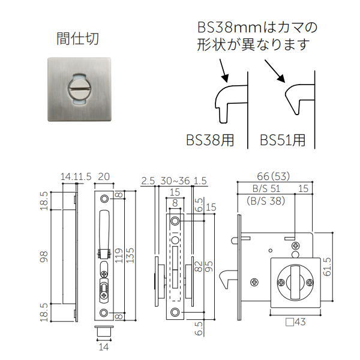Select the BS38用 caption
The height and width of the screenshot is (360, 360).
tap(209, 140)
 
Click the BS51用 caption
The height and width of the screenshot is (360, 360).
tap(283, 140)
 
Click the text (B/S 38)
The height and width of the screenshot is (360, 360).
tap(265, 202)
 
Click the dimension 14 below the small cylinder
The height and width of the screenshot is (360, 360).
tap(103, 346)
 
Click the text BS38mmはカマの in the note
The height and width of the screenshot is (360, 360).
tap(258, 28)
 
